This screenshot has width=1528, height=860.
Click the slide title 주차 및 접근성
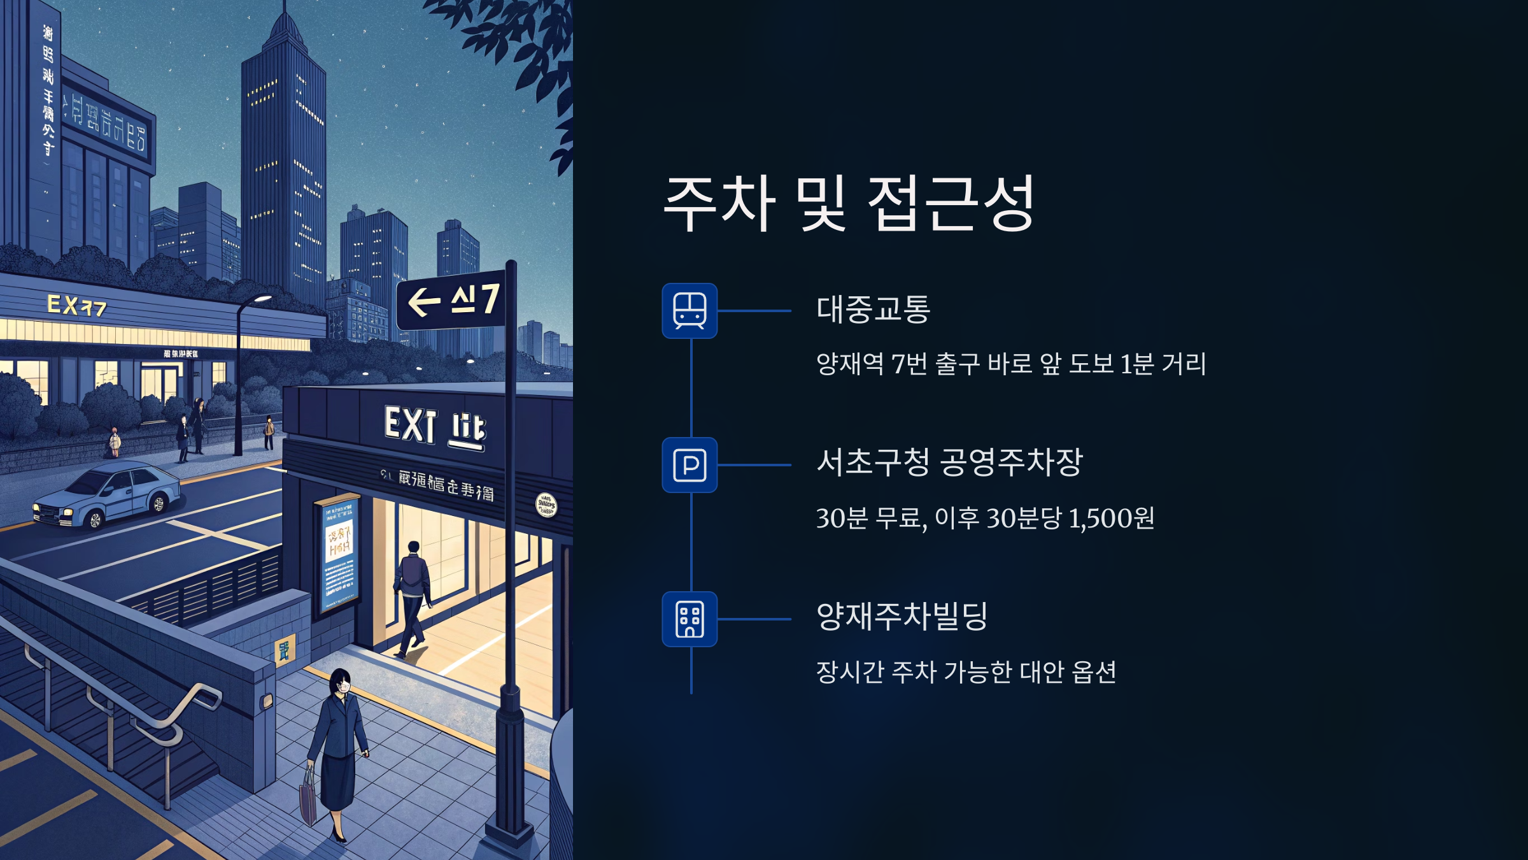pos(849,203)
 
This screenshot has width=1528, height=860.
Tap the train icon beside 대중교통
pos(690,311)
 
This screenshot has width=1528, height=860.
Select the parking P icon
pos(690,465)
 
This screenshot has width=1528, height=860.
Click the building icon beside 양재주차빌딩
pos(690,619)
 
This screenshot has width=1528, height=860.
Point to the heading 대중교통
pos(873,310)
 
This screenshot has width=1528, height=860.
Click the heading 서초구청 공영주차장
pos(949,462)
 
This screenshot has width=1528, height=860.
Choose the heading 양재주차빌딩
pos(902,617)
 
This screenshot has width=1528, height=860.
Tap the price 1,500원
pos(1111,519)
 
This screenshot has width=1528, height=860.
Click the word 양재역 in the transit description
pos(849,364)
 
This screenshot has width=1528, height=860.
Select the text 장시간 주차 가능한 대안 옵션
pos(966,672)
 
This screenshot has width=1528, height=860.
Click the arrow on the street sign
pos(424,302)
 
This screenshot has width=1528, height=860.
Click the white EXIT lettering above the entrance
pos(411,424)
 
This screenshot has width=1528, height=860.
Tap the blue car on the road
pos(108,495)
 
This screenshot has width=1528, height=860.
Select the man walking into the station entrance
pos(413,596)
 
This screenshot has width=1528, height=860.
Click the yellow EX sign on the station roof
pos(76,306)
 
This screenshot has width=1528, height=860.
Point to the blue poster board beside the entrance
pos(338,554)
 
